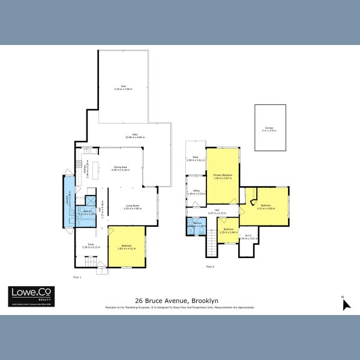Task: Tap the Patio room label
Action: tap(127, 136)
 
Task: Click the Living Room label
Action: tap(133, 206)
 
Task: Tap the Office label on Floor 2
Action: tap(197, 192)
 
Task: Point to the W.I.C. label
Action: tap(248, 237)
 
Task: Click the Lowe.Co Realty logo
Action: tap(30, 296)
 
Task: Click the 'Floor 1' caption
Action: tap(77, 277)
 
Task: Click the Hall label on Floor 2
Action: tap(217, 212)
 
